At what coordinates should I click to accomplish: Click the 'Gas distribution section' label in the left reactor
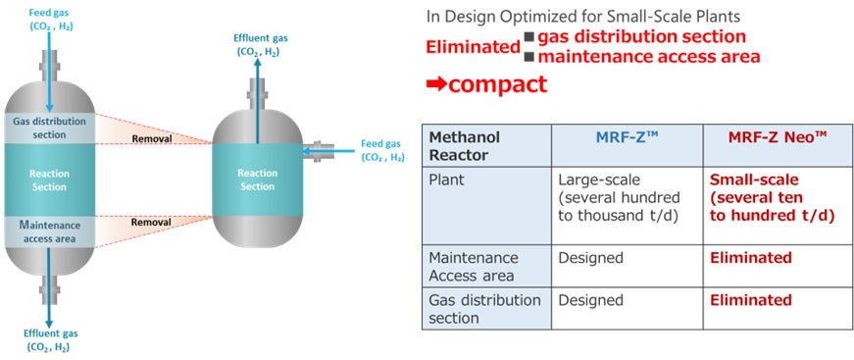tap(50, 128)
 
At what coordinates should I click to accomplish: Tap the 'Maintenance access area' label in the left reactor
tap(50, 231)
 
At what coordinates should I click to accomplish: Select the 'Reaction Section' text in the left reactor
tap(50, 180)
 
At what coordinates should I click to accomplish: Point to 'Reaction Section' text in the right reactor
tap(257, 180)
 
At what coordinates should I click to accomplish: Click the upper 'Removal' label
tap(151, 139)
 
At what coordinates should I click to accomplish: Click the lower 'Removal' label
tap(151, 223)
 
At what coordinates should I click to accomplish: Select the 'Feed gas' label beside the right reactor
tap(382, 151)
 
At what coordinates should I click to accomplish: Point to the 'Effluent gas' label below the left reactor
tap(51, 340)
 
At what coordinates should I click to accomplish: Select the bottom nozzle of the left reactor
tap(50, 284)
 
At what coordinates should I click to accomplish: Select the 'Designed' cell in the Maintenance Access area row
tap(590, 258)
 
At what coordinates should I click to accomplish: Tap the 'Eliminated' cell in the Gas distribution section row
tap(750, 300)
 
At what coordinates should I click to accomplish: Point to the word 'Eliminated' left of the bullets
tap(473, 47)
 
